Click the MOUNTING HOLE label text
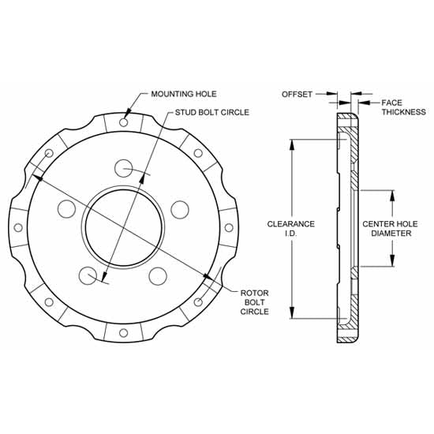tap(183, 94)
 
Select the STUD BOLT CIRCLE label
tap(211, 113)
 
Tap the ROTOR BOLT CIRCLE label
tap(256, 302)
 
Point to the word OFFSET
tap(297, 94)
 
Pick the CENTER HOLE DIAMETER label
tap(387, 229)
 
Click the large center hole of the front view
tap(125, 225)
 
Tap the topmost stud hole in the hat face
tap(123, 168)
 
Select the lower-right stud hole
tap(159, 275)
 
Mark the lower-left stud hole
tap(88, 275)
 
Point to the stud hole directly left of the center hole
tap(67, 209)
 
